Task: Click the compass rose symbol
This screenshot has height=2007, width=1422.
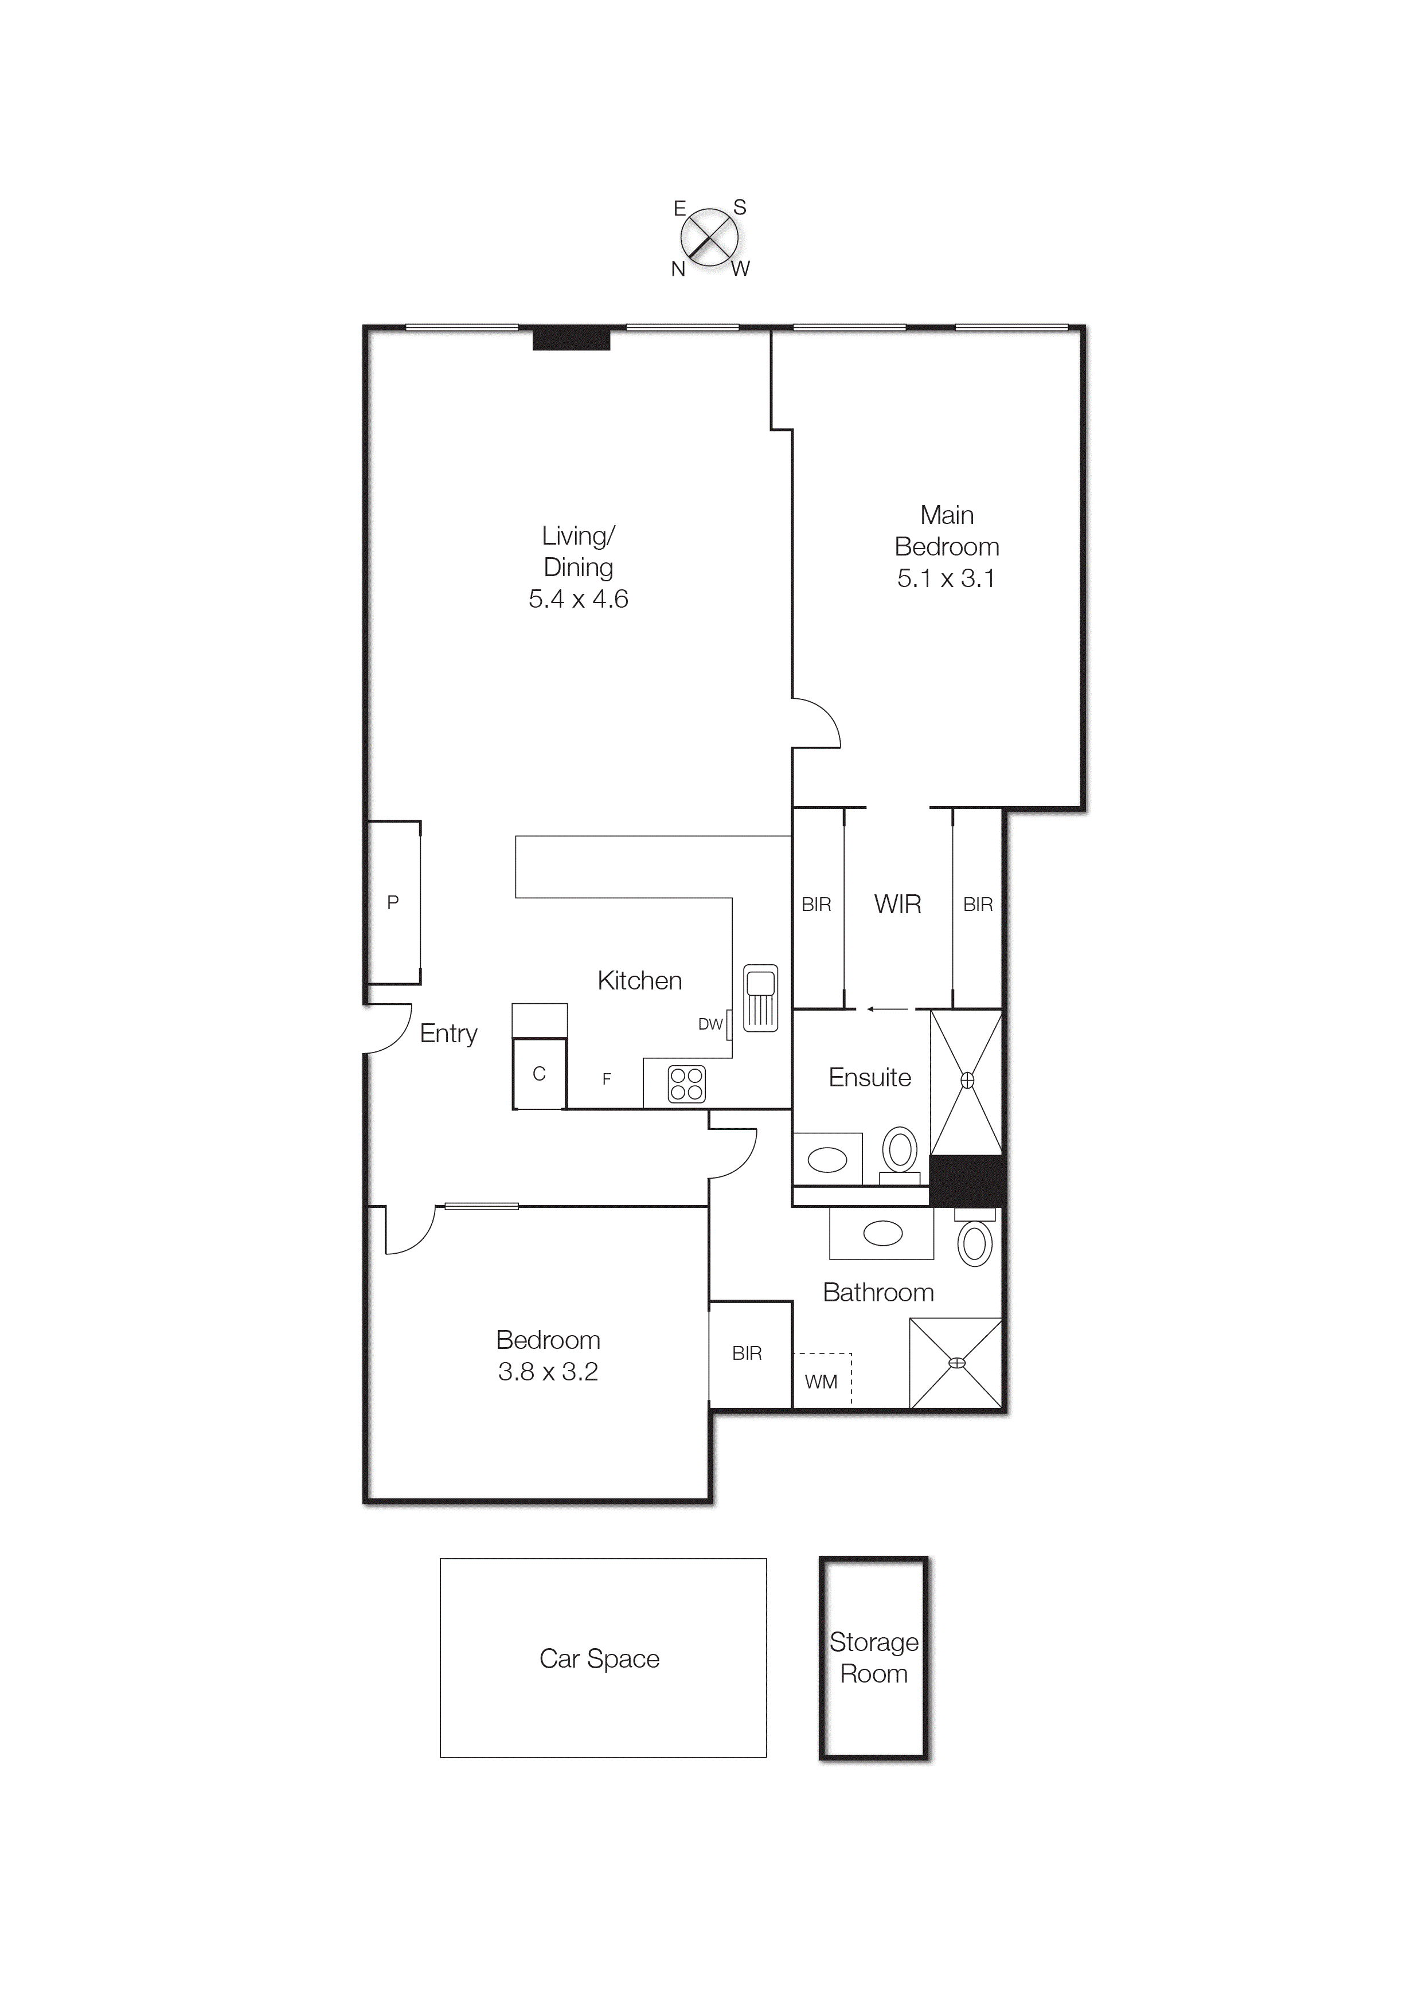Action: (x=709, y=237)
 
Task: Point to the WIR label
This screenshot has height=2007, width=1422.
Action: (x=897, y=904)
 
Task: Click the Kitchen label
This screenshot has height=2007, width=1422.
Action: (x=639, y=980)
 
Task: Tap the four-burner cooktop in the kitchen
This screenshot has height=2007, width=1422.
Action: (x=686, y=1083)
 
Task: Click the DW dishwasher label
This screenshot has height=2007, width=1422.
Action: (x=710, y=1024)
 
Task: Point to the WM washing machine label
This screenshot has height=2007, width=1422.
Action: (x=821, y=1382)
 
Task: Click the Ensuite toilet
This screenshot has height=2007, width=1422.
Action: (x=899, y=1151)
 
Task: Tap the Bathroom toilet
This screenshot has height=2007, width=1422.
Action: (x=975, y=1242)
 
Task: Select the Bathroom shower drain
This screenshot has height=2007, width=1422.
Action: (x=957, y=1362)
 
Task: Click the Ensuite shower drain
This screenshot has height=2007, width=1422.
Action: (x=967, y=1080)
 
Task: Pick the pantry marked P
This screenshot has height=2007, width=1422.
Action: (x=393, y=902)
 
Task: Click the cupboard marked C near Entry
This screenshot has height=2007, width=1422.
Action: (x=540, y=1074)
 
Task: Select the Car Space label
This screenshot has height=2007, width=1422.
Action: (x=599, y=1658)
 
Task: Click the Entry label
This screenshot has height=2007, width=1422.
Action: (x=448, y=1034)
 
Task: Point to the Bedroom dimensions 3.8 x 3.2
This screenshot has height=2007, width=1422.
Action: (x=548, y=1372)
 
